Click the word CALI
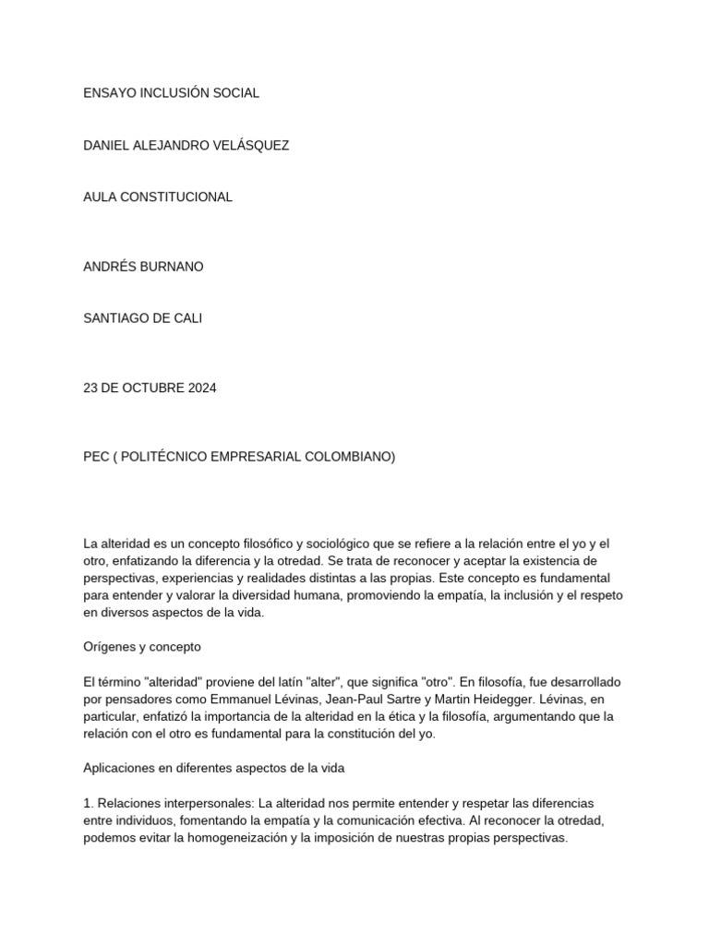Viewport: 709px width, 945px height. point(186,318)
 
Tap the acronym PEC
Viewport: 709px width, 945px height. point(97,457)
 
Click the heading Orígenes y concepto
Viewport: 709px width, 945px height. point(142,647)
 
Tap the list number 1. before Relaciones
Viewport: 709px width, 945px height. point(88,804)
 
